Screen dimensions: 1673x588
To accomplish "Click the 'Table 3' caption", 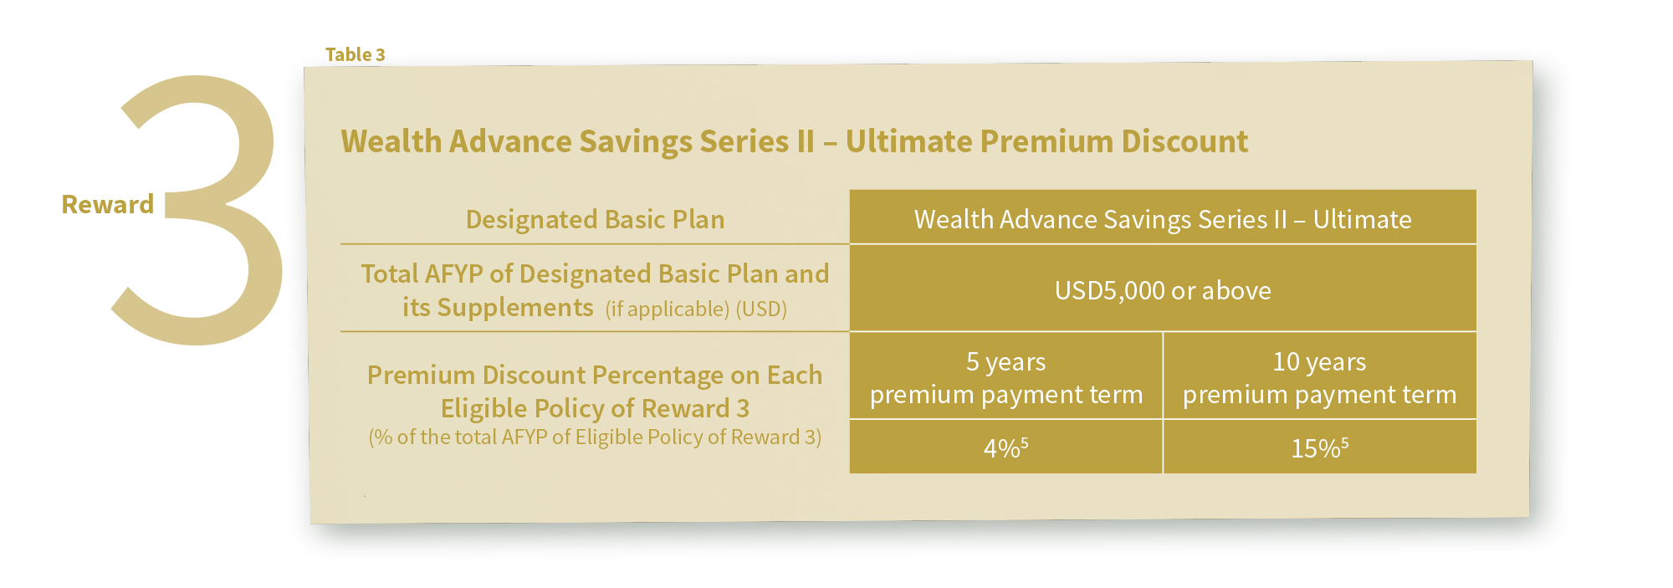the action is pos(355,54).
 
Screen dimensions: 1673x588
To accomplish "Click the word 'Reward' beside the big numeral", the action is pos(108,204).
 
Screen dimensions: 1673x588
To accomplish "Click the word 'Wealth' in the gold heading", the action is pos(391,141).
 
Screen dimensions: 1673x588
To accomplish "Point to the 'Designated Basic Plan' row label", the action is pos(595,219).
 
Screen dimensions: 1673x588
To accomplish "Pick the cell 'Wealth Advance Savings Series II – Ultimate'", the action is pos(1163,219).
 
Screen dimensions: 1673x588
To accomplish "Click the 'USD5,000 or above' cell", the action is pos(1163,290).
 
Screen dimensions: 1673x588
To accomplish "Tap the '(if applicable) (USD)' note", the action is pos(696,309).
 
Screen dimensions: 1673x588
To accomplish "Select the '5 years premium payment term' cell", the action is pos(1006,377).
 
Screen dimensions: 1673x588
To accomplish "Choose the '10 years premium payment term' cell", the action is pos(1319,377).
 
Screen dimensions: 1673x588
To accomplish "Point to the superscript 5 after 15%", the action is pos(1345,442).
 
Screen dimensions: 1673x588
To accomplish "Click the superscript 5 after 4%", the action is pos(1025,442).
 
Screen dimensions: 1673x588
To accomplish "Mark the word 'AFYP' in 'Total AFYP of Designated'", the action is pos(454,274).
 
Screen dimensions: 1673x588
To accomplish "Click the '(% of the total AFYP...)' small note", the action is pos(595,437).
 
